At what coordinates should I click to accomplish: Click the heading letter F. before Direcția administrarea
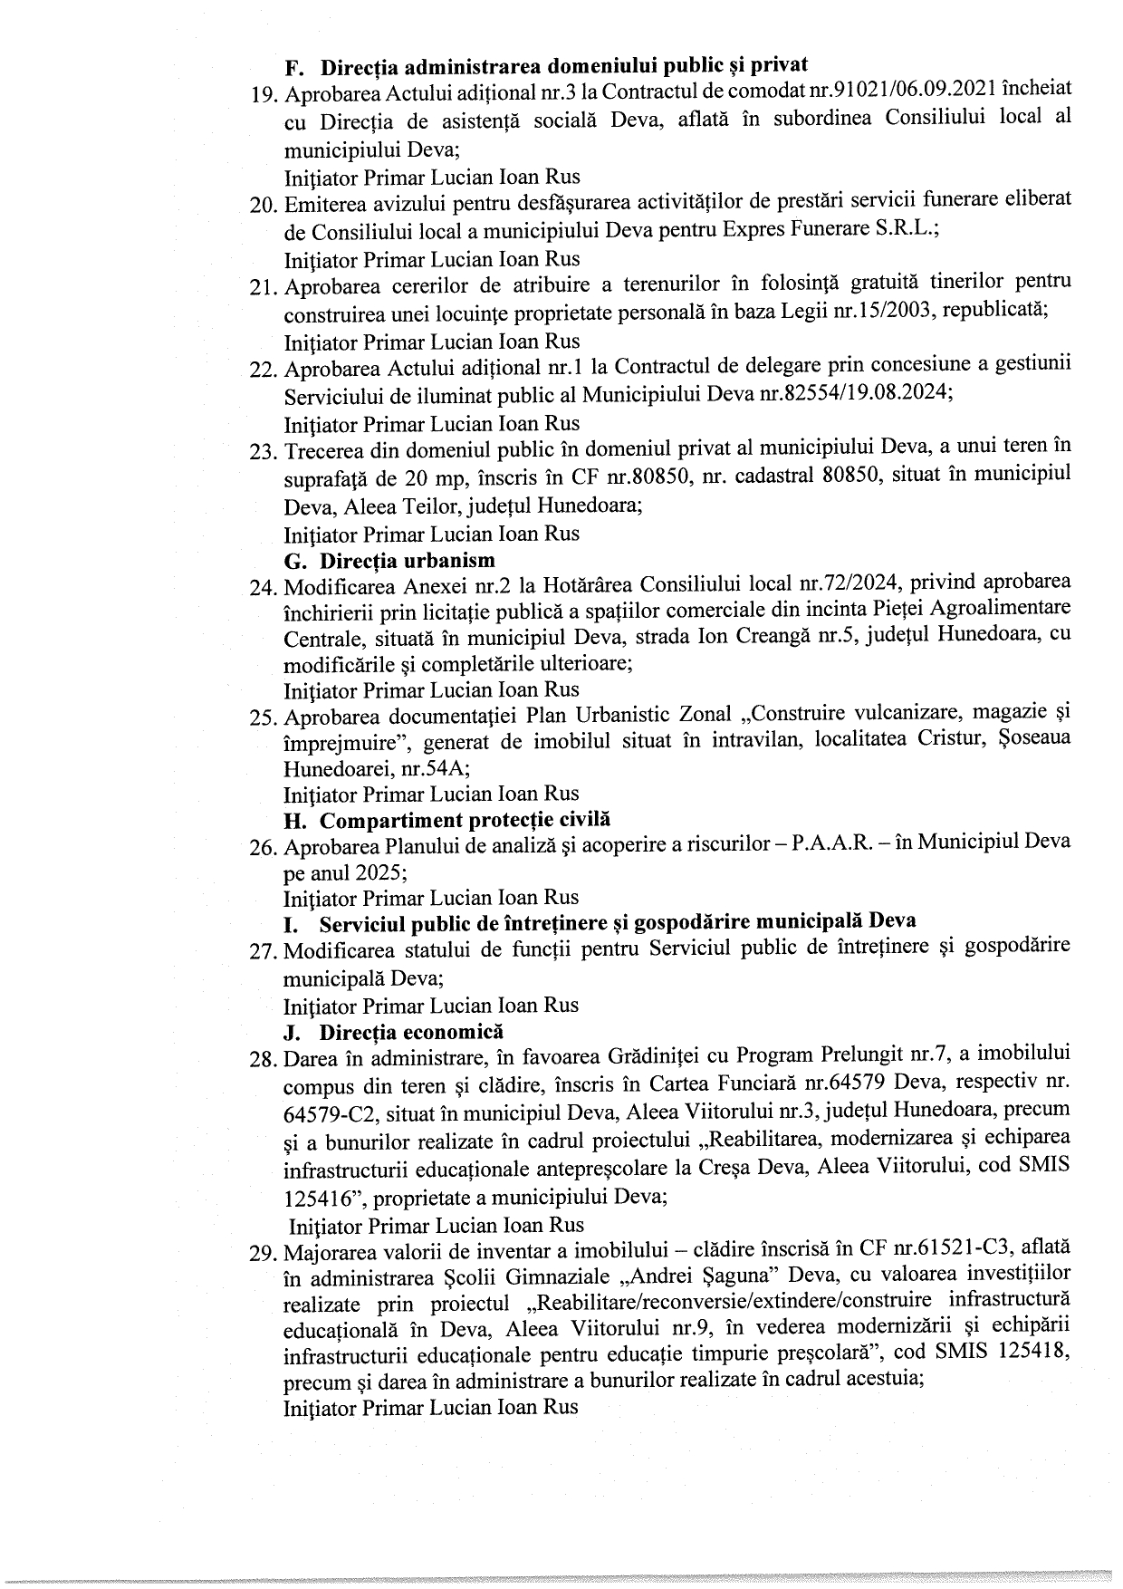[x=293, y=67]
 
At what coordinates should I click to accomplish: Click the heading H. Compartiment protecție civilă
[x=447, y=820]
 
